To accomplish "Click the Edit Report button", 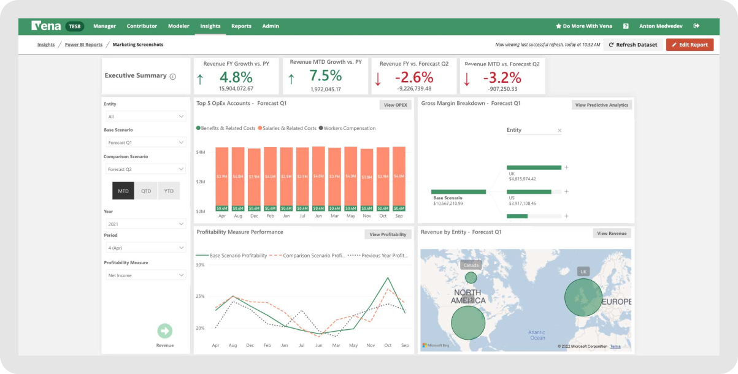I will click(x=690, y=45).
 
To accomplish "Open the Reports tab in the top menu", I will click(x=241, y=26).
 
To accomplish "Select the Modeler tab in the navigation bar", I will click(x=179, y=26).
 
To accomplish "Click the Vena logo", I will click(x=46, y=26).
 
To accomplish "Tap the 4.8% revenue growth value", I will click(x=236, y=77).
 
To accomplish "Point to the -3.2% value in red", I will click(x=501, y=78).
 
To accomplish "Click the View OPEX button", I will click(x=395, y=105).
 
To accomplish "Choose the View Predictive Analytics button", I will click(x=601, y=105).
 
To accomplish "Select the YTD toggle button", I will click(x=169, y=191).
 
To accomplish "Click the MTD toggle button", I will click(x=123, y=191).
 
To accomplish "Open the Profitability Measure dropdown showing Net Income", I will click(x=145, y=275).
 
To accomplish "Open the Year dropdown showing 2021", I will click(x=145, y=224).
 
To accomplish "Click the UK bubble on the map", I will click(x=583, y=297).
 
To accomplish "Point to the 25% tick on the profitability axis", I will click(x=200, y=297).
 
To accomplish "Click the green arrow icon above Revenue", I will click(x=164, y=331).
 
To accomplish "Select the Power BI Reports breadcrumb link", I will click(x=83, y=45).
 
